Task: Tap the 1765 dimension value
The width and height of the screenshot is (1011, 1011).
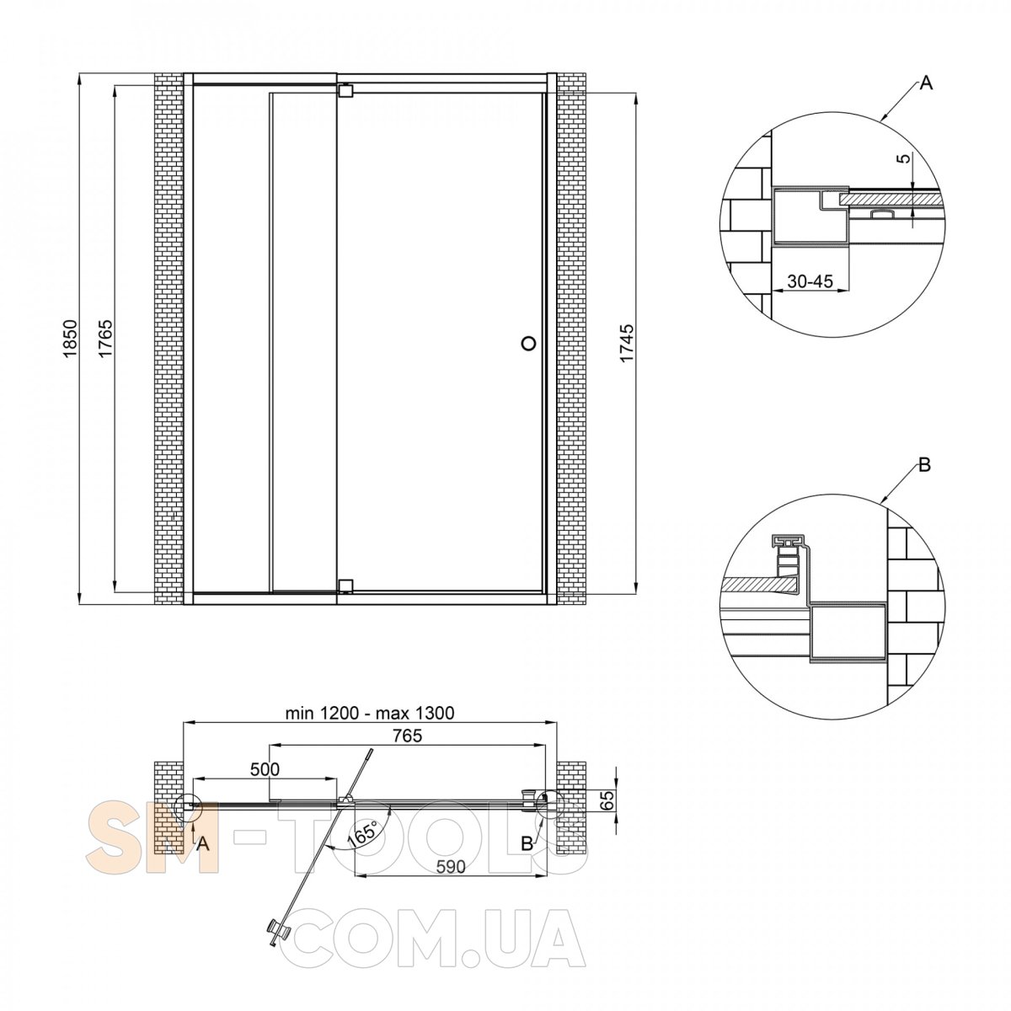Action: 106,339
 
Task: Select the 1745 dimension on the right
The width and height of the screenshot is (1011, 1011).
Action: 628,344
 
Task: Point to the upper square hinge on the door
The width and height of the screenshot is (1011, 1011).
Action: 345,90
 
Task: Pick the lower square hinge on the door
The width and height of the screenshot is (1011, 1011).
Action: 345,585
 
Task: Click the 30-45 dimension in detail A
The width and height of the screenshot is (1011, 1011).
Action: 810,281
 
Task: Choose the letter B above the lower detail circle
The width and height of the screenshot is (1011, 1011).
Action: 924,464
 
